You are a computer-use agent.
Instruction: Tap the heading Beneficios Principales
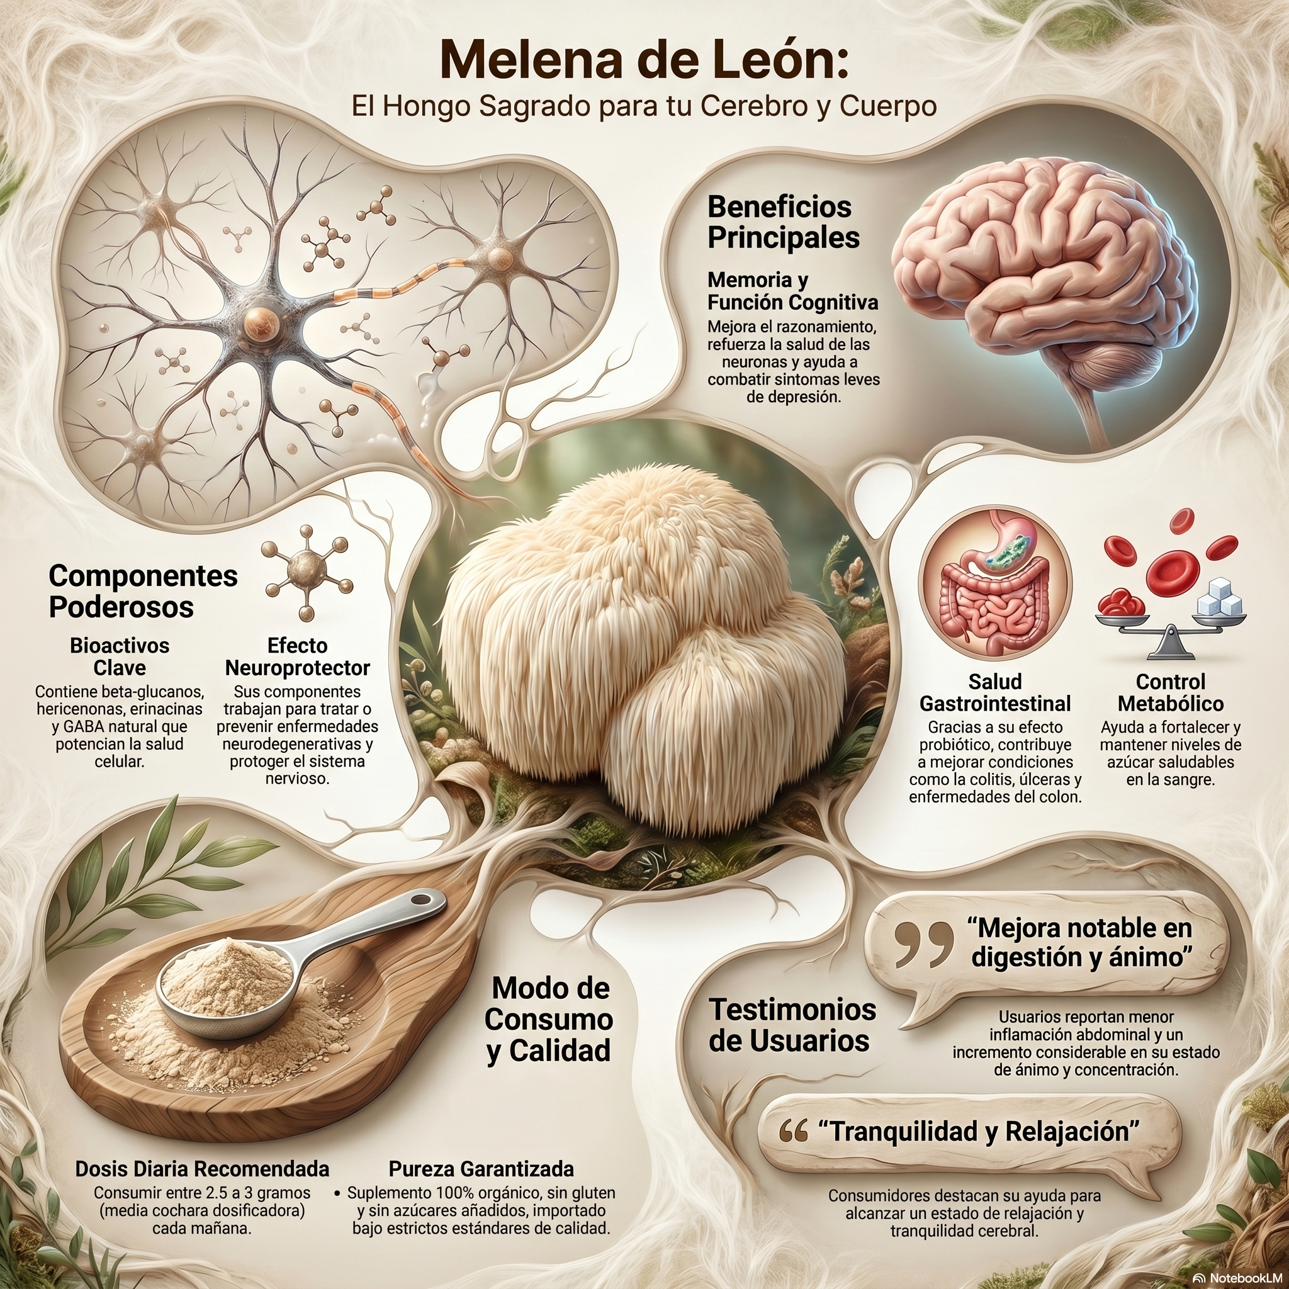(x=782, y=222)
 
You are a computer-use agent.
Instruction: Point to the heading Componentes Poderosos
(x=143, y=591)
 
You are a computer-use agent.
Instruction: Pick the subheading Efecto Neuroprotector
(x=298, y=656)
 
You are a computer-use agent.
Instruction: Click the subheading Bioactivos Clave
(x=120, y=656)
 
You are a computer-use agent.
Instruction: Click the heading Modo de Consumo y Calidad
(x=548, y=1019)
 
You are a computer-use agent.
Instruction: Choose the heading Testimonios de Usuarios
(x=792, y=1025)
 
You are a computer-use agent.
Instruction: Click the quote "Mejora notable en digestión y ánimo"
(x=1080, y=942)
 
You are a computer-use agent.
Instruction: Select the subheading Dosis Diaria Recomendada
(x=202, y=1169)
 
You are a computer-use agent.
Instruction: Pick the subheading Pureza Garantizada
(x=481, y=1169)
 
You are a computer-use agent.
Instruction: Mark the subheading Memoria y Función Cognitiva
(x=792, y=290)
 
